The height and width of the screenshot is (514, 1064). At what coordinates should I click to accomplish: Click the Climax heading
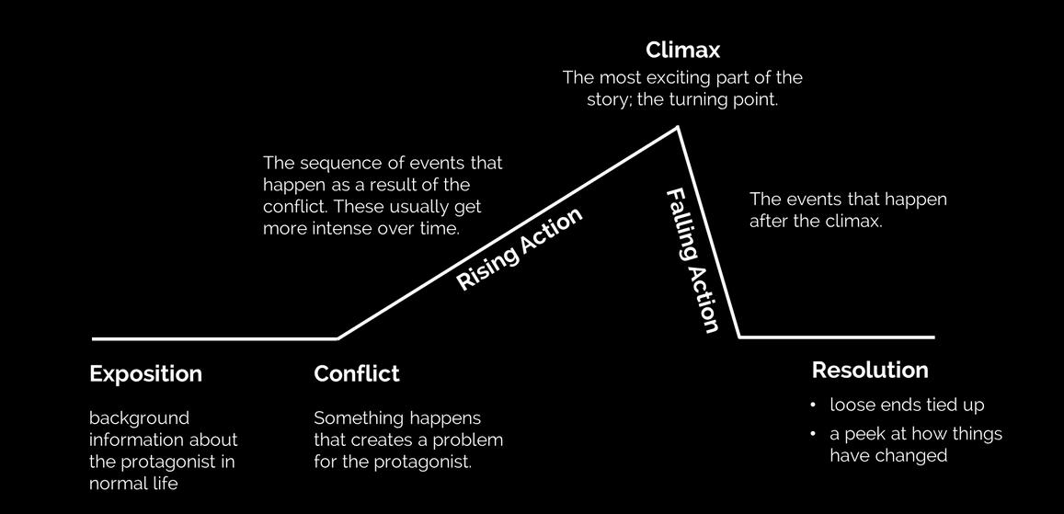tap(682, 49)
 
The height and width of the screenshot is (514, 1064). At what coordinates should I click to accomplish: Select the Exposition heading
tap(145, 374)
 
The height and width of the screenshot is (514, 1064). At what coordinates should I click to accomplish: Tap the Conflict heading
tap(357, 374)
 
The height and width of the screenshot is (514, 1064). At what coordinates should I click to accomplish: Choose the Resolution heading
tap(869, 371)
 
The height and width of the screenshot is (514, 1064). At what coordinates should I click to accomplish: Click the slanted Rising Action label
tap(520, 249)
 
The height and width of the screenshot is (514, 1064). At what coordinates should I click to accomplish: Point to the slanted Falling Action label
tap(692, 261)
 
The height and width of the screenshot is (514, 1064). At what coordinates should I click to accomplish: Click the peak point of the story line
tap(679, 128)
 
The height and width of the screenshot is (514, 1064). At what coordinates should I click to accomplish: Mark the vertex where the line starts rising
tap(338, 338)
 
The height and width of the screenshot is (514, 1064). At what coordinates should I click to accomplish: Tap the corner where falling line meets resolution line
tap(740, 337)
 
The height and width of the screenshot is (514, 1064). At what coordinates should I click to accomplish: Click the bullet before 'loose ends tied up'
tap(814, 405)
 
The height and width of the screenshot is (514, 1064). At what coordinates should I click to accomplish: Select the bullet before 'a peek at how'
tap(814, 433)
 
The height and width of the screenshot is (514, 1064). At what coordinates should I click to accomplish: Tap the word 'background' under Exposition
tap(139, 417)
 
